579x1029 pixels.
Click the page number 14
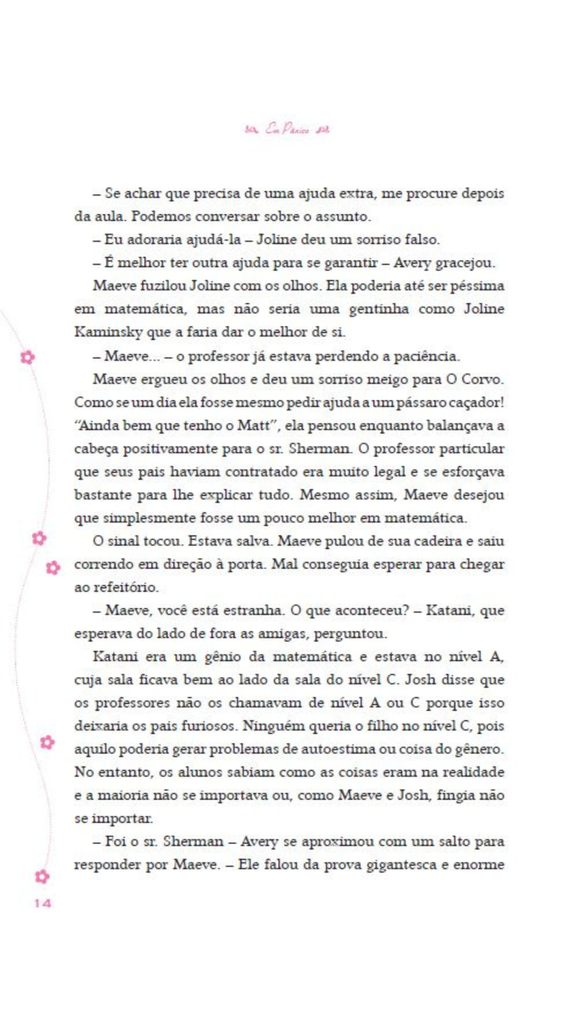pyautogui.click(x=42, y=903)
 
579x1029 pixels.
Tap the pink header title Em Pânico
pyautogui.click(x=288, y=129)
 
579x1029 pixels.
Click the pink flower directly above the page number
pyautogui.click(x=42, y=876)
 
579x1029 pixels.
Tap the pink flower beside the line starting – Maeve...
pyautogui.click(x=27, y=357)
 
